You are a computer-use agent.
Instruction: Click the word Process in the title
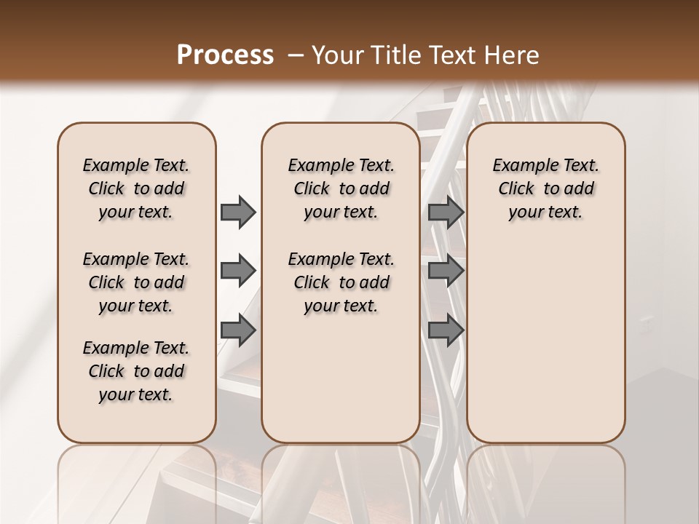pyautogui.click(x=225, y=55)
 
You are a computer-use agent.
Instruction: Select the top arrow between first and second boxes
pyautogui.click(x=238, y=213)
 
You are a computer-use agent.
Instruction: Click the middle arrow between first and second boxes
pyautogui.click(x=238, y=271)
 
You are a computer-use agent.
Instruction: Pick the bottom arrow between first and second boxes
pyautogui.click(x=238, y=330)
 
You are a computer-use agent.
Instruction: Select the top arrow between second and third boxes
pyautogui.click(x=446, y=213)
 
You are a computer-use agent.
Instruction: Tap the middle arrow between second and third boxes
pyautogui.click(x=446, y=271)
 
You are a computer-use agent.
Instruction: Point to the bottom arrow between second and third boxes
pyautogui.click(x=446, y=330)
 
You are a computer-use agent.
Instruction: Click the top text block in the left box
pyautogui.click(x=136, y=188)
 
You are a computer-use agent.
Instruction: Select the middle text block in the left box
pyautogui.click(x=136, y=282)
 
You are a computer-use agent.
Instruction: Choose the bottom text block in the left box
pyautogui.click(x=136, y=371)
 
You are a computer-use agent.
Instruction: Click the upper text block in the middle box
pyautogui.click(x=341, y=188)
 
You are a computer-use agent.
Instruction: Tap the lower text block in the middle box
pyautogui.click(x=341, y=282)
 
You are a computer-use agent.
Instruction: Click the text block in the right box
pyautogui.click(x=545, y=188)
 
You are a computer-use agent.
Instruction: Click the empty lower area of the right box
pyautogui.click(x=545, y=342)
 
